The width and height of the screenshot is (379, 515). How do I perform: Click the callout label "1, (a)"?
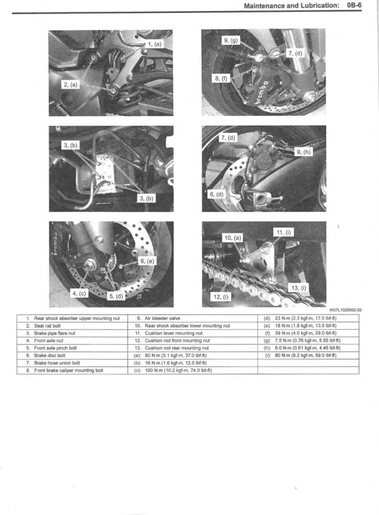point(155,44)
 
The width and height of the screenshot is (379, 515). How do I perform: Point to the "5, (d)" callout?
point(117,295)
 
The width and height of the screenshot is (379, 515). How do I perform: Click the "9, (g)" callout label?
point(231,41)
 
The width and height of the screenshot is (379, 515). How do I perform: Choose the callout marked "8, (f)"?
point(221,79)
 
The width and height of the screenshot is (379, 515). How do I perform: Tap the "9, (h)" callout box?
point(304,152)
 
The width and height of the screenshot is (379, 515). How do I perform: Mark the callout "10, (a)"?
point(232,238)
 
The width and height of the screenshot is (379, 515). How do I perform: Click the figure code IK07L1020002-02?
point(346,310)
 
